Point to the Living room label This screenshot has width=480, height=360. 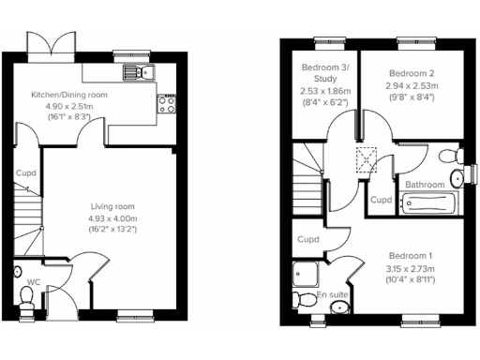tap(112, 206)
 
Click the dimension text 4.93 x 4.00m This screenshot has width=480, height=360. tap(112, 217)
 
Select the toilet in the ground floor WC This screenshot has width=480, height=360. tap(27, 299)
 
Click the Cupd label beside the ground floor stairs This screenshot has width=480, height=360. tap(25, 173)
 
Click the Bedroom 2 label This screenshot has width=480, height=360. tap(410, 73)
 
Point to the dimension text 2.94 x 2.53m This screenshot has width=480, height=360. tap(410, 84)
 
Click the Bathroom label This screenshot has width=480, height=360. tap(425, 185)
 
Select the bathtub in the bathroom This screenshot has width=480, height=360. tap(428, 202)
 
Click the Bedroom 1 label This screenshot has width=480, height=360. tap(410, 256)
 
